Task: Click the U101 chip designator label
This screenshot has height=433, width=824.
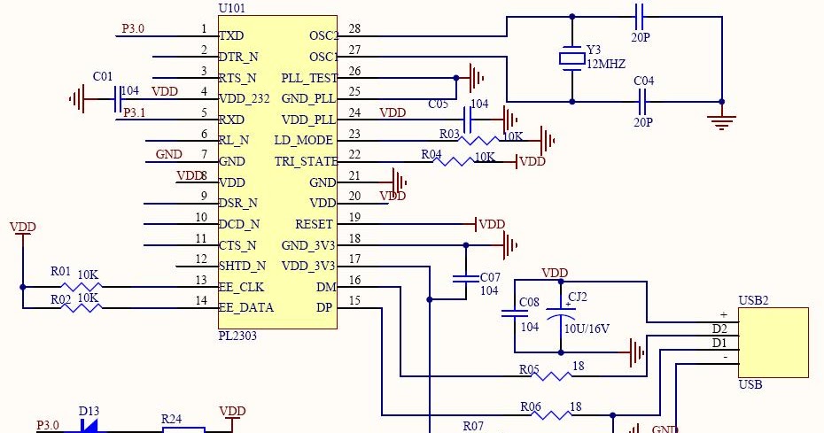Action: tap(231, 8)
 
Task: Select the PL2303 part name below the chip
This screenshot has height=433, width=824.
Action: tap(237, 337)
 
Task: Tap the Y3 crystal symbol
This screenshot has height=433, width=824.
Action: tap(571, 58)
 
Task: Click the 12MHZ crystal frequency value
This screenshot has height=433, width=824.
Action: tap(607, 66)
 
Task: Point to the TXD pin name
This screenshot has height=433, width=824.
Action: tap(231, 36)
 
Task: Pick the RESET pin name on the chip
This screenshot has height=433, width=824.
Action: tap(314, 224)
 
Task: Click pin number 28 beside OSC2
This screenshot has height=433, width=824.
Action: tap(354, 29)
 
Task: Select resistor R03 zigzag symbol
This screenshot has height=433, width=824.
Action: tap(482, 140)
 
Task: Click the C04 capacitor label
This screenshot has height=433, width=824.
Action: tap(644, 81)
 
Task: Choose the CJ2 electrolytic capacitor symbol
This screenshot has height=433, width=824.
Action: tap(561, 313)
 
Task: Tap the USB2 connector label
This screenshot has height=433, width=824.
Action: tap(753, 300)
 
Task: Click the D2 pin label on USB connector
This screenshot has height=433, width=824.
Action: tap(719, 329)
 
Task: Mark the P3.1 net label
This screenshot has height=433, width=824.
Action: tap(135, 112)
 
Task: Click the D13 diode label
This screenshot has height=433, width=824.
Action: tap(89, 411)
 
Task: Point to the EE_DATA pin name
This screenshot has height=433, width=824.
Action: tap(245, 308)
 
